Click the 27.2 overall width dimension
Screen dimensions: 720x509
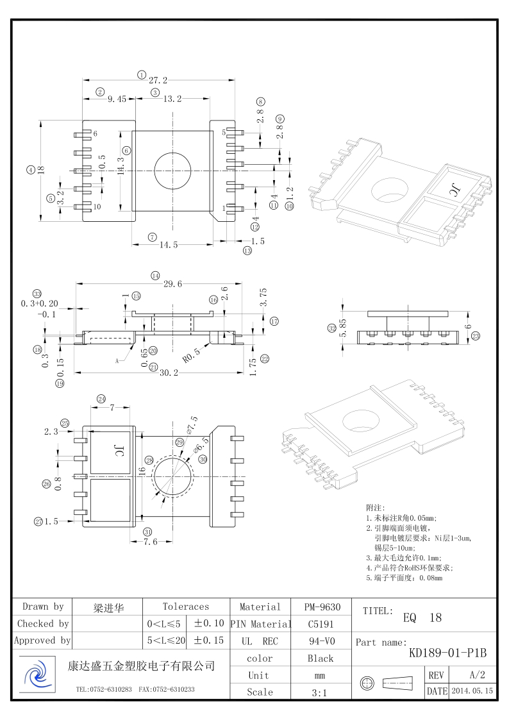(x=158, y=81)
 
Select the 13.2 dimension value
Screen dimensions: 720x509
(x=172, y=99)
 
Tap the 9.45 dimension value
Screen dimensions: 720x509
(x=117, y=99)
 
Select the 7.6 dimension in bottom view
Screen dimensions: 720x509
(x=150, y=542)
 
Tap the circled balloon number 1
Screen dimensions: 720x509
(x=141, y=74)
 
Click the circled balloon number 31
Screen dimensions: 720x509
(x=147, y=532)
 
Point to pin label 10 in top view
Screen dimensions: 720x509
(x=97, y=207)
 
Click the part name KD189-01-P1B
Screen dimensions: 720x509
(x=447, y=653)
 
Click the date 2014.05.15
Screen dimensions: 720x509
(x=472, y=691)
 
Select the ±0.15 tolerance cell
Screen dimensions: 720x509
(x=209, y=640)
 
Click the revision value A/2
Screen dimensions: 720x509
(x=477, y=675)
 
